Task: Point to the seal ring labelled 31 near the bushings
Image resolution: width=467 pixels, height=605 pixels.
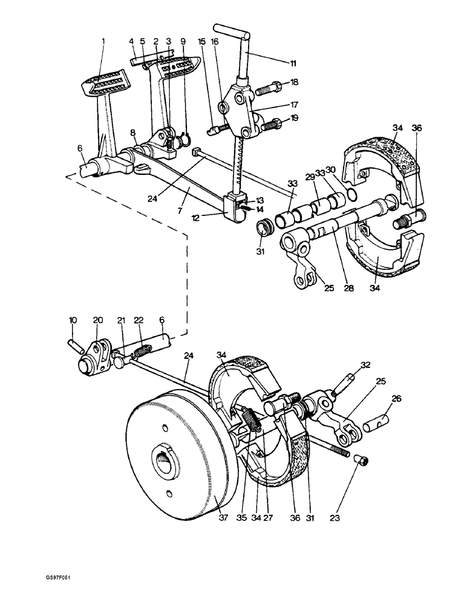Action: (263, 229)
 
